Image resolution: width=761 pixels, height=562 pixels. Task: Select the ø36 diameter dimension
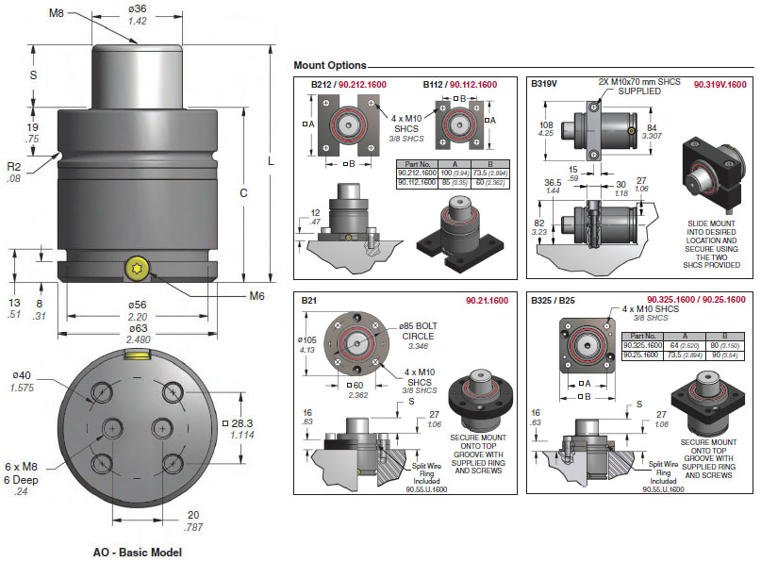137,8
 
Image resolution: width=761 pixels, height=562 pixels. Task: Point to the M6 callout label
256,296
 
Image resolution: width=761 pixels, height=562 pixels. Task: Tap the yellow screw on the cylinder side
137,270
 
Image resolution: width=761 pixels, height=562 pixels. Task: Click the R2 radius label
13,166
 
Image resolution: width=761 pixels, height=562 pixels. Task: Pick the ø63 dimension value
137,327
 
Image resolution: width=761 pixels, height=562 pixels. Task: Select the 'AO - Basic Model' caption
137,553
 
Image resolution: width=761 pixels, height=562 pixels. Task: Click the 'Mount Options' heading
329,66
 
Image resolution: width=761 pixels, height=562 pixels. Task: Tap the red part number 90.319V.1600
720,85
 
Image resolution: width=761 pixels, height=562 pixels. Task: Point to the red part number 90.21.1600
487,300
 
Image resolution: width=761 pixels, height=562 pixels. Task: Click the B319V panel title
544,84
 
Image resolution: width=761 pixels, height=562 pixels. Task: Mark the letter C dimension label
243,193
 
